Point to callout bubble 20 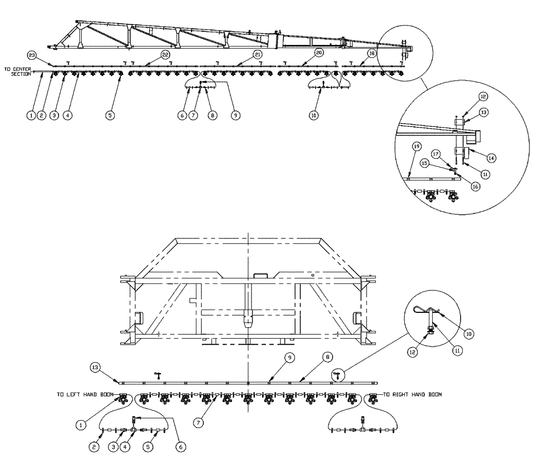coord(319,54)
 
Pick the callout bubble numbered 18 coord(371,54)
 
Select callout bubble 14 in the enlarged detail coord(491,157)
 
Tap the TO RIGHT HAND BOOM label coord(412,394)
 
